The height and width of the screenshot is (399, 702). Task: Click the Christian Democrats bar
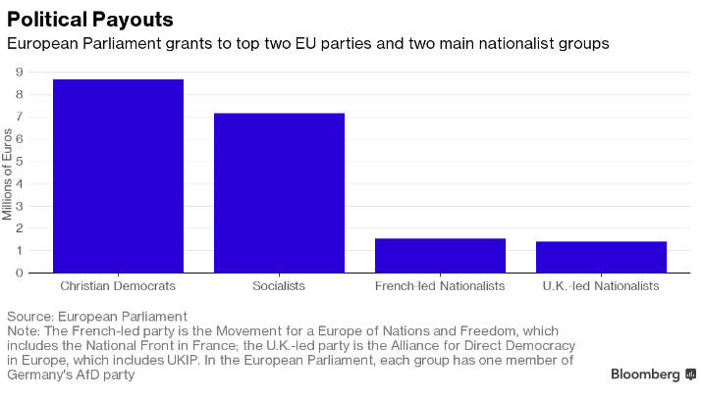pos(118,176)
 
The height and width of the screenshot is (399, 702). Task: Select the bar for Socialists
pos(280,193)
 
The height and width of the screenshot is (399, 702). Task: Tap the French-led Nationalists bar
pos(440,256)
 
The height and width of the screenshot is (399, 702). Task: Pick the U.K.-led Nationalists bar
pos(601,257)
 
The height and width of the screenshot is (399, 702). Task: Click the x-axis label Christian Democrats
pos(118,286)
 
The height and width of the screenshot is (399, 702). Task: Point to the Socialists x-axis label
pos(279,286)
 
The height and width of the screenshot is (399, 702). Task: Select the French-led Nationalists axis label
pos(440,286)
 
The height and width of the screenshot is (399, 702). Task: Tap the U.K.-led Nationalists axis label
pos(601,286)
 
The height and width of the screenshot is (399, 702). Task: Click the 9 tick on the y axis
pos(20,72)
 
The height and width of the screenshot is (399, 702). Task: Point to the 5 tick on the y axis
pos(20,162)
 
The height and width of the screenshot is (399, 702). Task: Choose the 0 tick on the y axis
pos(20,273)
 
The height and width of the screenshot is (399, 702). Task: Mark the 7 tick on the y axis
pos(20,117)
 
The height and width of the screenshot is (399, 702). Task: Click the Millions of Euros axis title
pos(7,175)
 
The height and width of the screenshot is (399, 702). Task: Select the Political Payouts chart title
pos(90,20)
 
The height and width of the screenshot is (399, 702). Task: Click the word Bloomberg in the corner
pos(645,374)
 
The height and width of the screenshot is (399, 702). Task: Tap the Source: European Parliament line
pos(96,317)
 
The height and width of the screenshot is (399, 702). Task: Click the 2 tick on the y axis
pos(20,228)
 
